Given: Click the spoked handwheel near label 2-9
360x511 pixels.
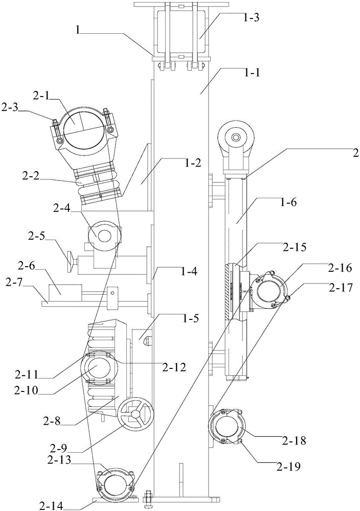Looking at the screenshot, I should (136, 414).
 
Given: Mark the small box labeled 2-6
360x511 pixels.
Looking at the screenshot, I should (64, 293).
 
